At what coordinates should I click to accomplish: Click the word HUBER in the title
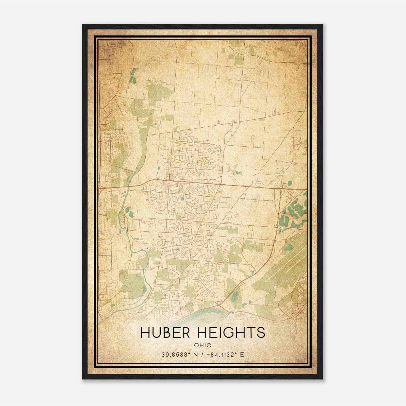pos(165,333)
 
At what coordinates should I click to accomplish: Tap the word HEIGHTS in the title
pos(230,333)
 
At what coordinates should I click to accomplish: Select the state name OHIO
pos(202,345)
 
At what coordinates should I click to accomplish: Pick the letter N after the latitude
pos(196,354)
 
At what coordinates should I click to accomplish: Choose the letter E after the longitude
pos(242,354)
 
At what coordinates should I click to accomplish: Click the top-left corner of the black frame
pos(83,25)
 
